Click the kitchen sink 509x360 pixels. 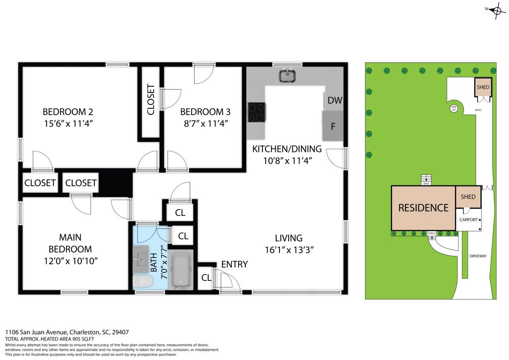[286, 76]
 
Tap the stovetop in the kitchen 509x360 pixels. [257, 112]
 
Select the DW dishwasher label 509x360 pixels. [335, 100]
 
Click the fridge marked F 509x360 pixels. [333, 126]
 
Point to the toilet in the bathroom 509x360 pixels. [143, 282]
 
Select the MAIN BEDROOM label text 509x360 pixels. [70, 243]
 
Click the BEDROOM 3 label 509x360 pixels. [205, 112]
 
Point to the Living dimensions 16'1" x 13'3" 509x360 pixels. [289, 250]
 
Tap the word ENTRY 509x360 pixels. [234, 264]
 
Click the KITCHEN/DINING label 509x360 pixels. [287, 149]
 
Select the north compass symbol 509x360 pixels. [497, 10]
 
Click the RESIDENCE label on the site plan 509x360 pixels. [424, 208]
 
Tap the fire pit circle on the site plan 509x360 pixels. [454, 108]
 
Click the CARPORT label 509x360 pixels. [468, 220]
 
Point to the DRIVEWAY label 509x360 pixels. [478, 256]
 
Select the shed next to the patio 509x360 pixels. [483, 87]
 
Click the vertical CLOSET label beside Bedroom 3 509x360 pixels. [151, 99]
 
